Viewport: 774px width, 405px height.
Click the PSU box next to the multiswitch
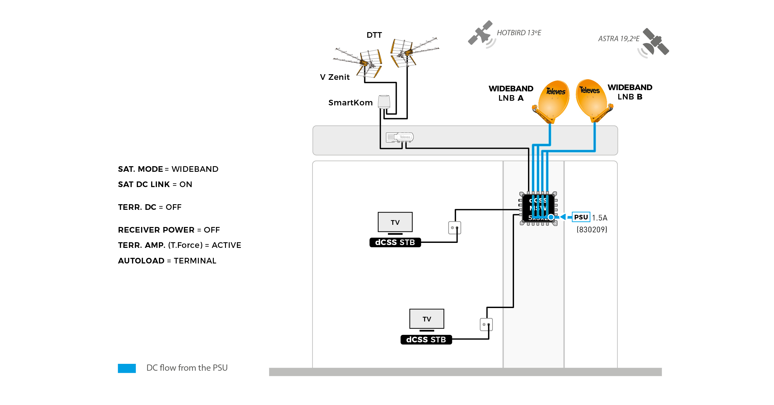[x=580, y=217]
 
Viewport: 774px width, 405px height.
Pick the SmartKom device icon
[x=384, y=102]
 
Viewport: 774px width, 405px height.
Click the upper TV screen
[x=395, y=222]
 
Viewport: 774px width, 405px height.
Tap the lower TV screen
[x=427, y=319]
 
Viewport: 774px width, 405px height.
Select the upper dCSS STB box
[x=395, y=242]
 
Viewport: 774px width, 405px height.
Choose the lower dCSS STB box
[x=426, y=340]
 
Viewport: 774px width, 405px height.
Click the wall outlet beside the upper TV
[x=454, y=228]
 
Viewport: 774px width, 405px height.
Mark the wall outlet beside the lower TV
[x=486, y=324]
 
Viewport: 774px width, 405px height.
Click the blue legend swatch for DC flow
[x=127, y=368]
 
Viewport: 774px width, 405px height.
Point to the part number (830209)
[x=592, y=230]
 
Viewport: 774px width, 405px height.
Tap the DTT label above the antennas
[x=374, y=35]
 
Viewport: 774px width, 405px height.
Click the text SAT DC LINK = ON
[x=155, y=184]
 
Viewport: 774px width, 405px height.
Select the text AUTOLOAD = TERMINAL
[x=167, y=261]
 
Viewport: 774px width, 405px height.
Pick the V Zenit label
[x=335, y=77]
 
